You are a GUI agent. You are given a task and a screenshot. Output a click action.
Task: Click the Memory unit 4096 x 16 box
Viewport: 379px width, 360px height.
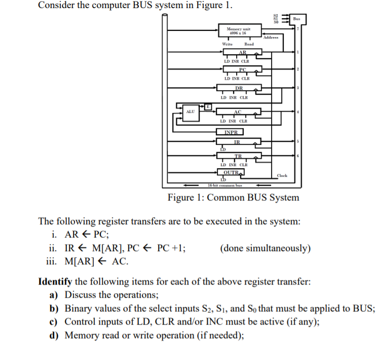239,31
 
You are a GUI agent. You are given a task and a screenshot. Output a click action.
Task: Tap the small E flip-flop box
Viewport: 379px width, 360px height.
208,106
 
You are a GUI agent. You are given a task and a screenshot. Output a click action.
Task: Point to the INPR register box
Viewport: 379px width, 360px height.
234,133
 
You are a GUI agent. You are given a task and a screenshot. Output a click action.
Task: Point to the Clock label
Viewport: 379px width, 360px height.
282,176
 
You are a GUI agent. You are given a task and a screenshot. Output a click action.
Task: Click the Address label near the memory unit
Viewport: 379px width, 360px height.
272,37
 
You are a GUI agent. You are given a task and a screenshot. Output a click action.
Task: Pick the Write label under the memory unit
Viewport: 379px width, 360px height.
228,45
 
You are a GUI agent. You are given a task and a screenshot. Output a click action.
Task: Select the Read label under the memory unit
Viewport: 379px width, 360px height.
249,45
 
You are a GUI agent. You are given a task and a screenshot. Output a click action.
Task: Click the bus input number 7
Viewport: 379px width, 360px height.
298,29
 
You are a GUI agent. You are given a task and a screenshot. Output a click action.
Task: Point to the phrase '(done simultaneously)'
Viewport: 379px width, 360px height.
266,248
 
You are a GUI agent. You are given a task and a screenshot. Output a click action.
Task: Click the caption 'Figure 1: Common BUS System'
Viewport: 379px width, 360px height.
233,197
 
